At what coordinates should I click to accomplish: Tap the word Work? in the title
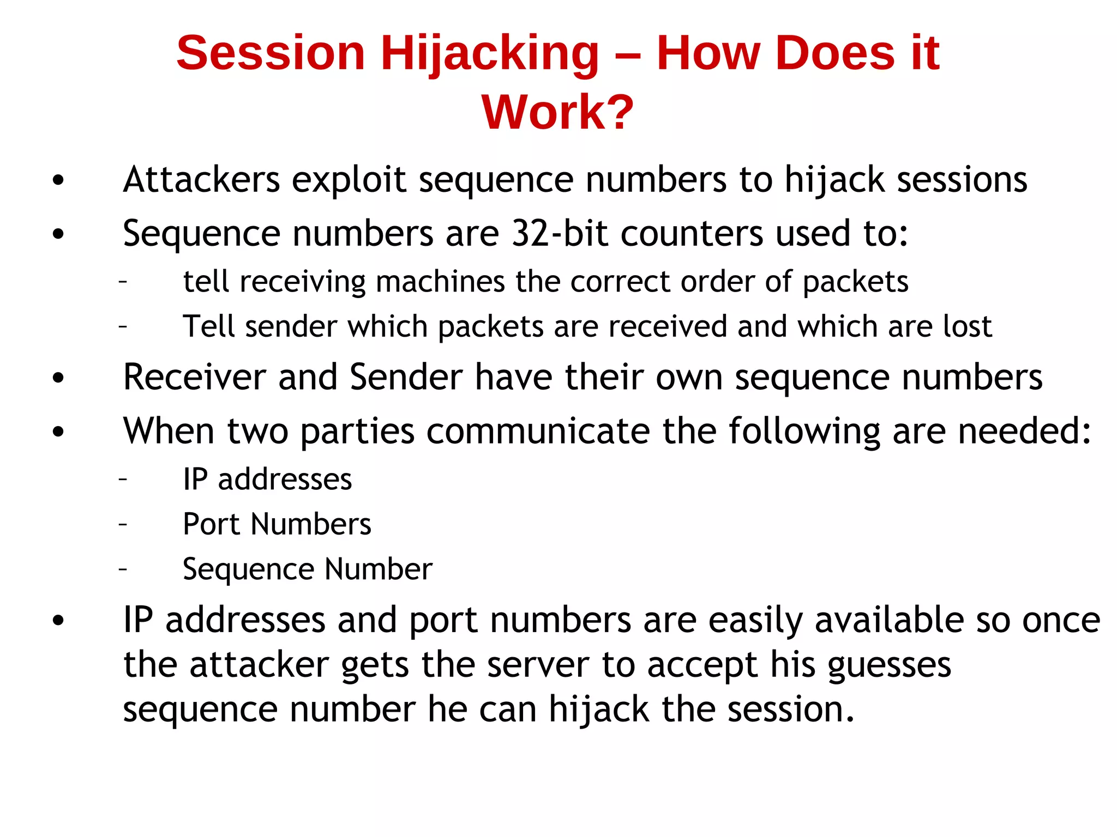tap(557, 112)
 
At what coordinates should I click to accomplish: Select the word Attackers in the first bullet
tap(201, 179)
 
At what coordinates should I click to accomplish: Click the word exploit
tap(349, 180)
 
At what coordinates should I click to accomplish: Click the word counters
tap(692, 233)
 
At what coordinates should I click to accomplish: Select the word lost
tap(967, 326)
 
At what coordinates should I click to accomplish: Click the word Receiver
tap(194, 377)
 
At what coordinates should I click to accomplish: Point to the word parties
tap(357, 432)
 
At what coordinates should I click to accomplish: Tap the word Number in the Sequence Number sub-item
tap(379, 569)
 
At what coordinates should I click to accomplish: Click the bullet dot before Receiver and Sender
tap(58, 378)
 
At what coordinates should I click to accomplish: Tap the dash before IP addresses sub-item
tap(123, 479)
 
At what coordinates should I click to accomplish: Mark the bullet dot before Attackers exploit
tap(58, 180)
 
